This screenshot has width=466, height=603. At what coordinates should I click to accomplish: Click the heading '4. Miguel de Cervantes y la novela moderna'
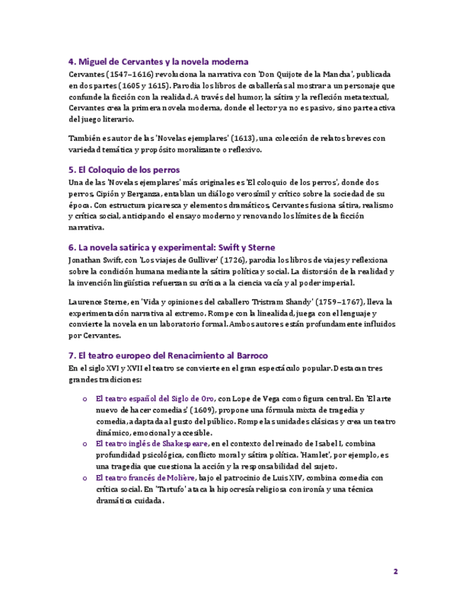(158, 62)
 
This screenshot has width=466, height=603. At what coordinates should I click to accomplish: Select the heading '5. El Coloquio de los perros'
(124, 170)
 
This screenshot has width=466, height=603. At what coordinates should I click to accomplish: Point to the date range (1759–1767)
(330, 302)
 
